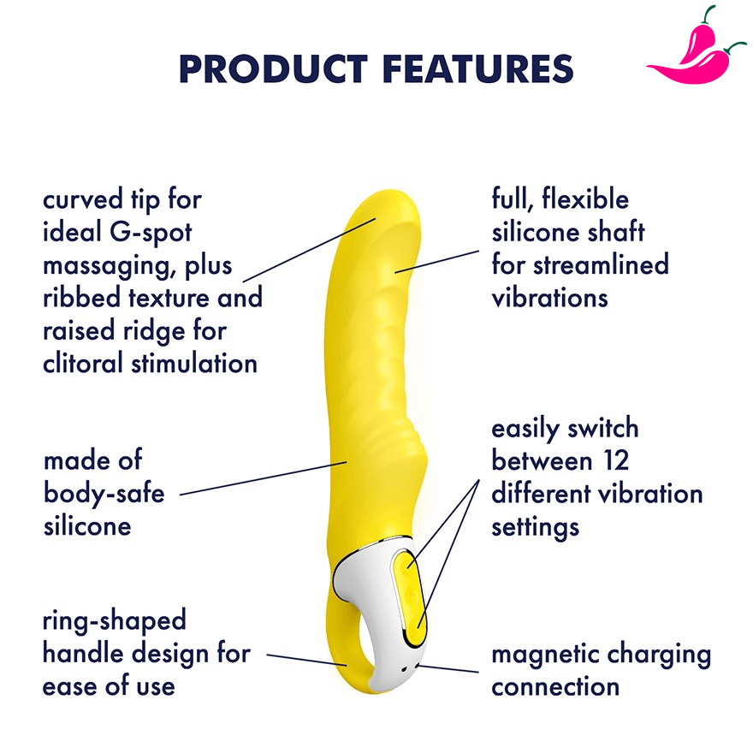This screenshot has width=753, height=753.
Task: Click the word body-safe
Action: click(x=104, y=493)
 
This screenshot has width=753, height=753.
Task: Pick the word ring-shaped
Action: click(x=114, y=620)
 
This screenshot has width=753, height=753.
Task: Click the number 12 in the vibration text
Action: click(x=613, y=461)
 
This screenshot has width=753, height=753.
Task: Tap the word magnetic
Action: click(x=544, y=655)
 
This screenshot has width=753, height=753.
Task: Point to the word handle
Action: click(x=84, y=654)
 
